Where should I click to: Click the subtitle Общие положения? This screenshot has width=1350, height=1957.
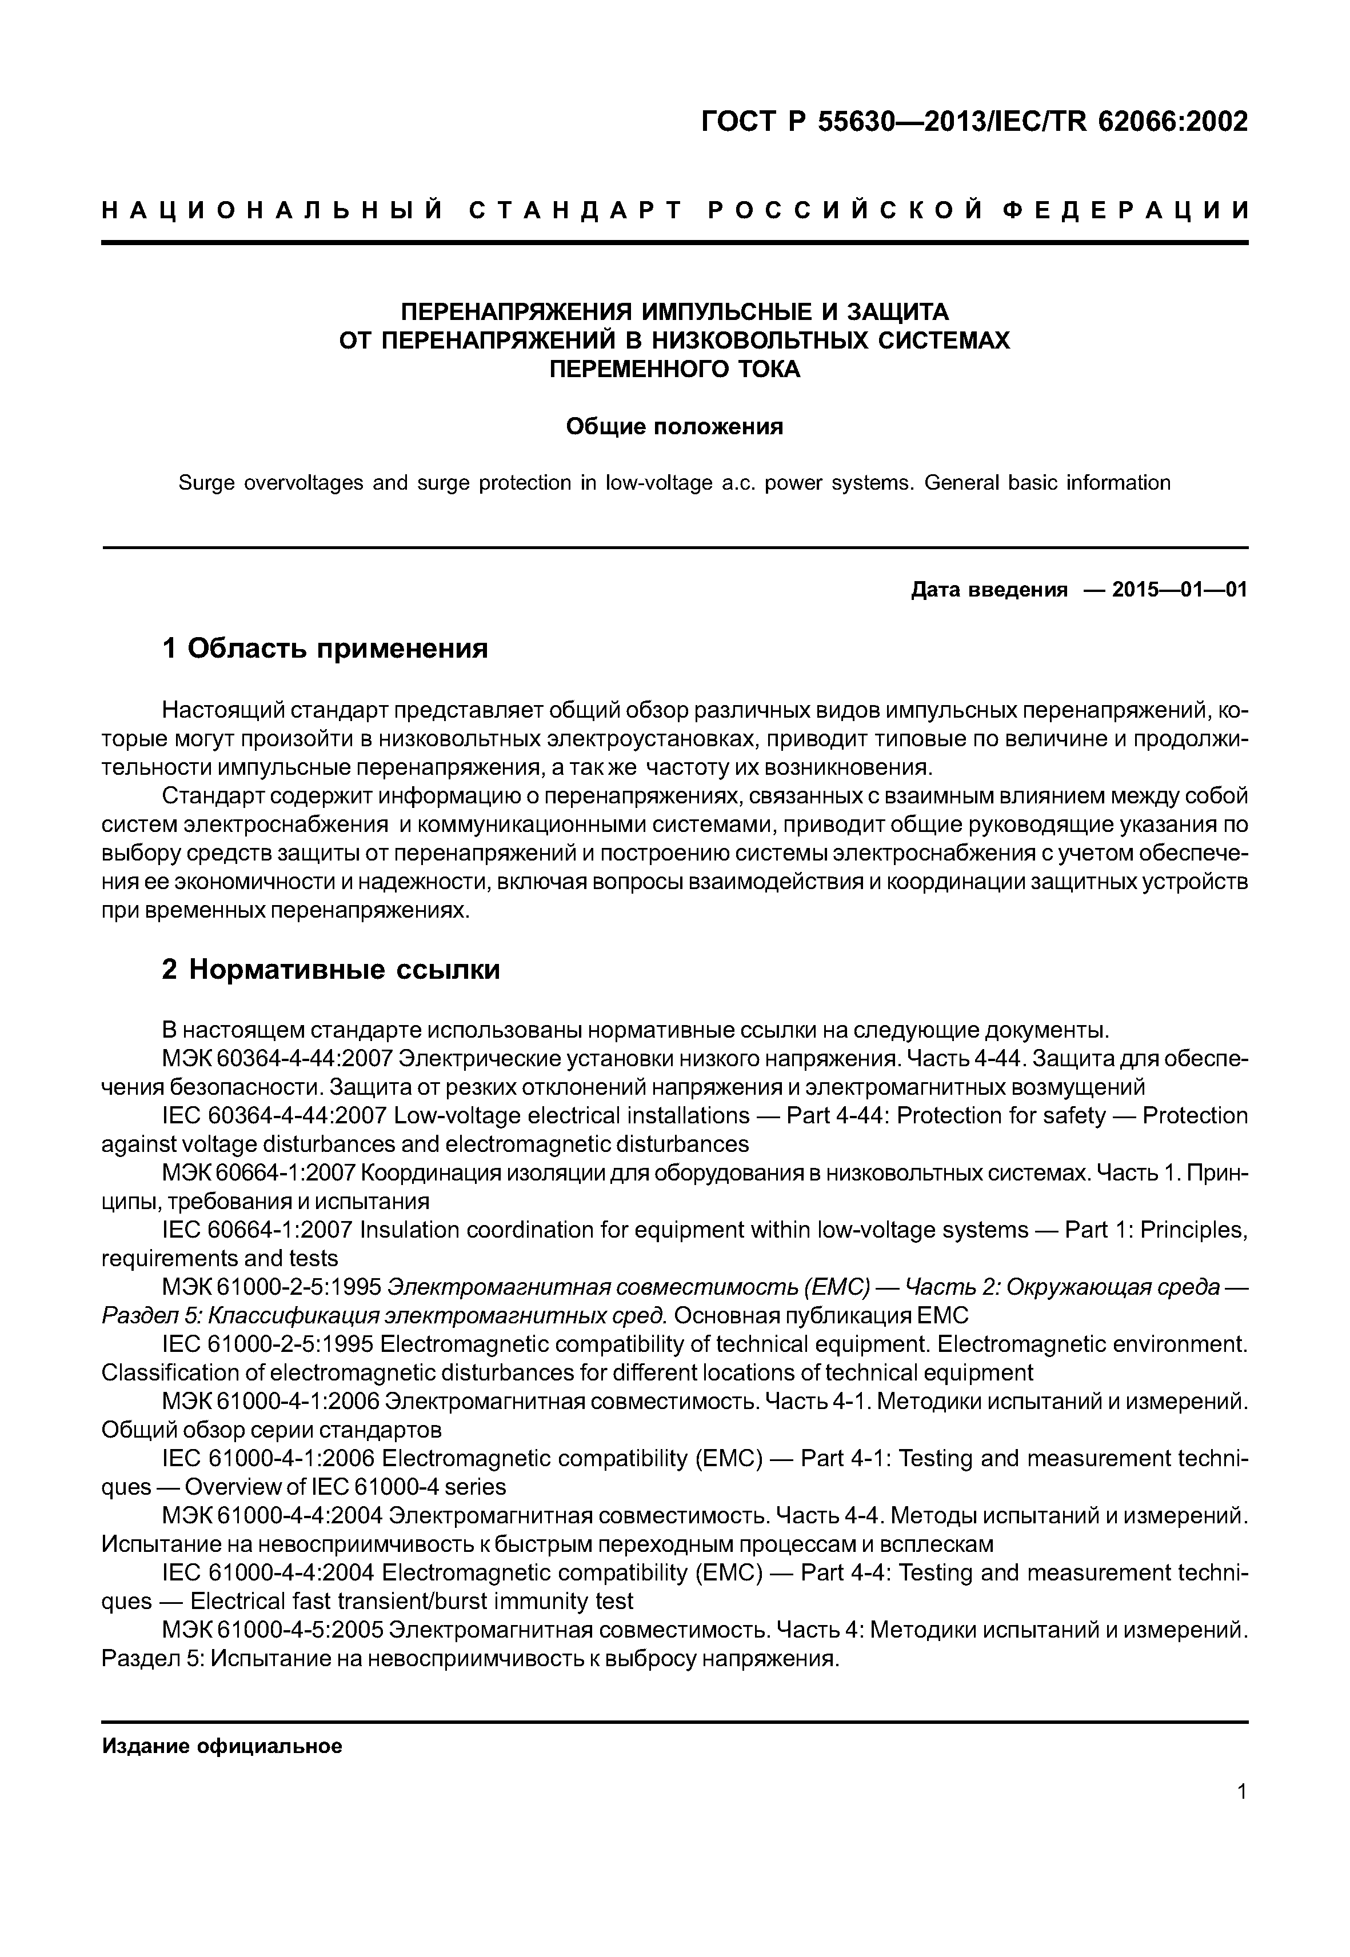coord(674,426)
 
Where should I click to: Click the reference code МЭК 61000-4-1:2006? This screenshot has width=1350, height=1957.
coord(271,1402)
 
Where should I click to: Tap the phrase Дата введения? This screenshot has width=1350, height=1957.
coord(989,590)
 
